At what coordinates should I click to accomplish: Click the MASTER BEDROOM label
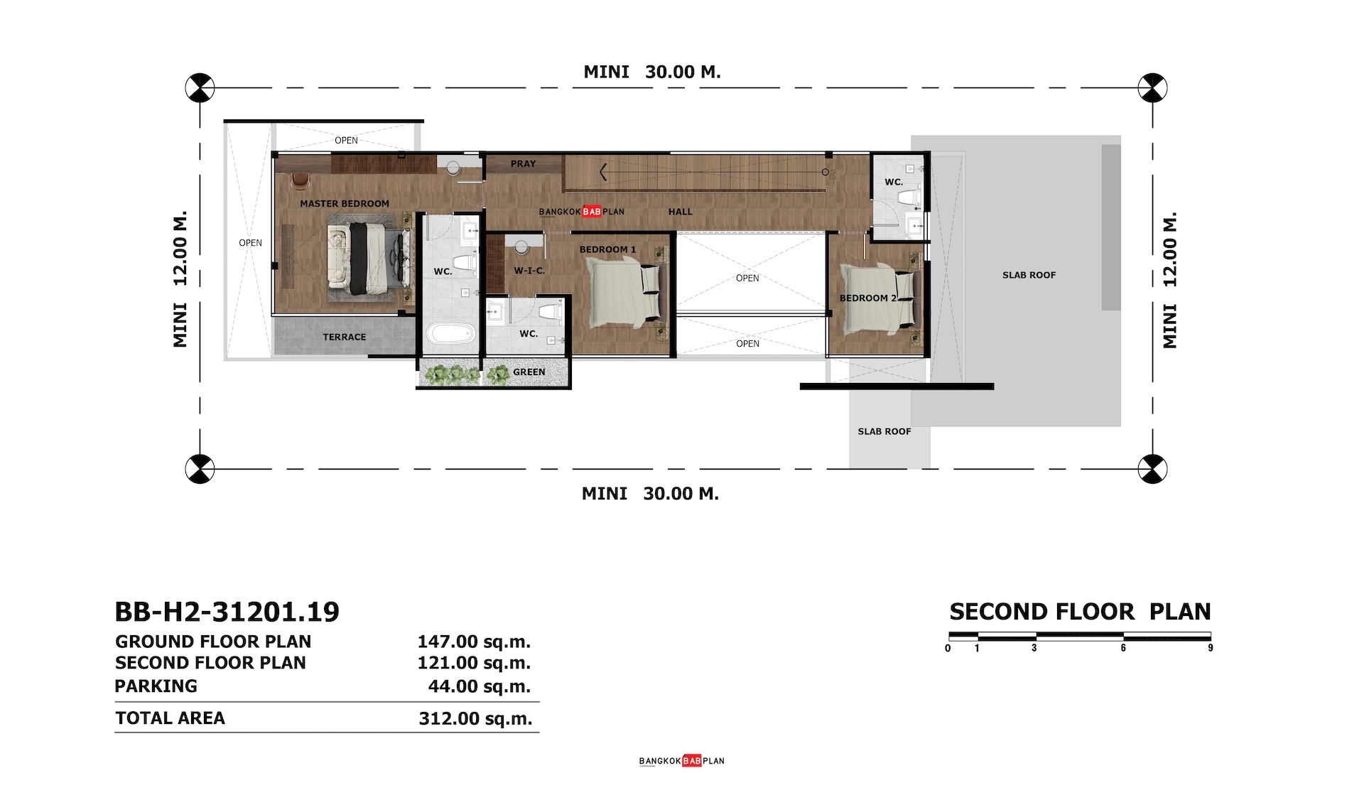pyautogui.click(x=345, y=204)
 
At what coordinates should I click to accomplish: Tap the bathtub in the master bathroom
pyautogui.click(x=450, y=334)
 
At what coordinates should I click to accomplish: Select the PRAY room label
pyautogui.click(x=523, y=163)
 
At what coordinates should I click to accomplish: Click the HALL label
pyautogui.click(x=680, y=212)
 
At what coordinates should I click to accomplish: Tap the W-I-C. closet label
pyautogui.click(x=529, y=271)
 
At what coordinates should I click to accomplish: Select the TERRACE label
pyautogui.click(x=345, y=337)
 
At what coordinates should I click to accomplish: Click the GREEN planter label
pyautogui.click(x=529, y=372)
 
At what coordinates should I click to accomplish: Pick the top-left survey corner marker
pyautogui.click(x=200, y=88)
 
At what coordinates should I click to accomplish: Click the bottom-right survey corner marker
pyautogui.click(x=1152, y=469)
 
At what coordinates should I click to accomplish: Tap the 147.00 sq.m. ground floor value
pyautogui.click(x=474, y=642)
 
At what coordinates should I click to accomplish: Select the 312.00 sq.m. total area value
pyautogui.click(x=475, y=718)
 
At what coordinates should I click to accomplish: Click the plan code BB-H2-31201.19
pyautogui.click(x=227, y=612)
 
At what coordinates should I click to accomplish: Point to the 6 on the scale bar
pyautogui.click(x=1123, y=648)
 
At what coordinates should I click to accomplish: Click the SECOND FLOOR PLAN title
pyautogui.click(x=1080, y=612)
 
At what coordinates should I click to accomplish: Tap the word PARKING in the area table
pyautogui.click(x=156, y=686)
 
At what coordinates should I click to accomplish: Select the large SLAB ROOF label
pyautogui.click(x=1029, y=275)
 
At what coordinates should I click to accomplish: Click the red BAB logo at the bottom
pyautogui.click(x=692, y=761)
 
